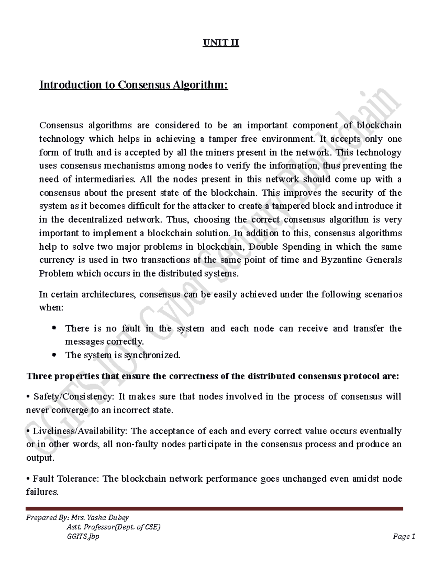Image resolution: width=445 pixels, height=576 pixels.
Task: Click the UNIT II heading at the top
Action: click(221, 43)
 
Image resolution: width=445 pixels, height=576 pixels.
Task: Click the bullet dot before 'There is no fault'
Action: click(55, 328)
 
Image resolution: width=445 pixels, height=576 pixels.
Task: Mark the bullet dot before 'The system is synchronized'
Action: click(55, 355)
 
